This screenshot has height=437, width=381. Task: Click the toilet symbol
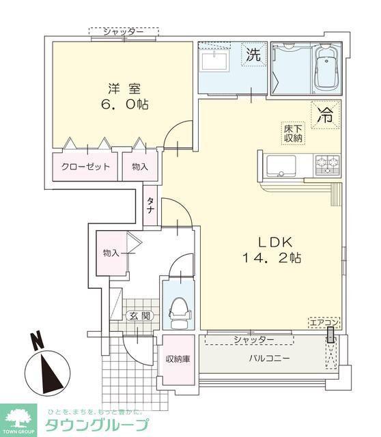pos(180,313)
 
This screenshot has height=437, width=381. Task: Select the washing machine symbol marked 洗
pos(253,54)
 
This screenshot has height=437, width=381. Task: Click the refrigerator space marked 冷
pos(326,114)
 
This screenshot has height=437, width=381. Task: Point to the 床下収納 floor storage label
pos(293,133)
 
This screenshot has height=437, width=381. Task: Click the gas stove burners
pos(328,165)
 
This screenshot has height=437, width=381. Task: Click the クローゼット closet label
pos(85,167)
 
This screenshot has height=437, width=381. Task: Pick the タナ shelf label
pos(150,205)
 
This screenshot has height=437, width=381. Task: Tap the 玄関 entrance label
pos(140,316)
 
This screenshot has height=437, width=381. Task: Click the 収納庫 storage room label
pos(178,359)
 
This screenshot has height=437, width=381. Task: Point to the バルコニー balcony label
pos(270,358)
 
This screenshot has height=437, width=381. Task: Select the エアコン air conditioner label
pos(324,323)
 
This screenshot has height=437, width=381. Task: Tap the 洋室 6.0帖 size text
pos(124,96)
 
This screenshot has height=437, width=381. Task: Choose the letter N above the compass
pos(38,340)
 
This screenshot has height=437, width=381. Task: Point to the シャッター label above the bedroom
pos(124,32)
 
